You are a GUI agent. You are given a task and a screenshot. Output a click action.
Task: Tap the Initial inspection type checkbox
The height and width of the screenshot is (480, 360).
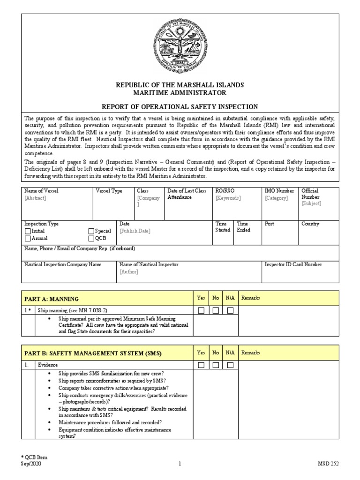coord(28,231)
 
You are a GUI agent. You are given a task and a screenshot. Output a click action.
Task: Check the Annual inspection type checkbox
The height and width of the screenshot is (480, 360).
coord(28,238)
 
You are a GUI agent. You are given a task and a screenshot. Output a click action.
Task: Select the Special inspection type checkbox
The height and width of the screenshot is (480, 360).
coord(91,231)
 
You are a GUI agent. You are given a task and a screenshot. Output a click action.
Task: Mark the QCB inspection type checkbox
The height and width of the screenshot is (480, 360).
coord(91,238)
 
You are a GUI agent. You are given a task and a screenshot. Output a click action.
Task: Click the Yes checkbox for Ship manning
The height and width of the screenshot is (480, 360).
coord(201,310)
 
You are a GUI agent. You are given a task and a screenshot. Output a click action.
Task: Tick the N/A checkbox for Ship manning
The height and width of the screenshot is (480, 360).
coord(230,310)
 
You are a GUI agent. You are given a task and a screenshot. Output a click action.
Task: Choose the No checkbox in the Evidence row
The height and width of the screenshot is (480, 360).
coord(216,365)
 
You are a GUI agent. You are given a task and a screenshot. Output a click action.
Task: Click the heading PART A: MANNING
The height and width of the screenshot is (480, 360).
coord(52,299)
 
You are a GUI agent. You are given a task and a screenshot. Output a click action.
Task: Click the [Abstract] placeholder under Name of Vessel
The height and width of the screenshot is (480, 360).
coord(35,198)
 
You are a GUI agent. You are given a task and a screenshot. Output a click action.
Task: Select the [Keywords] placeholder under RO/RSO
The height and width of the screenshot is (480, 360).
coord(228,198)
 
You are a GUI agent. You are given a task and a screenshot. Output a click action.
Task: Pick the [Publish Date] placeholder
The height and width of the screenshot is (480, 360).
coord(135,231)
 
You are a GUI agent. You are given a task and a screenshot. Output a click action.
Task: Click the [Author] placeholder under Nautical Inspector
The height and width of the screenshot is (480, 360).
coord(129,272)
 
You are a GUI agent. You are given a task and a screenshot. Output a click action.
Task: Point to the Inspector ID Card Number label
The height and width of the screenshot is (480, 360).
coord(293,265)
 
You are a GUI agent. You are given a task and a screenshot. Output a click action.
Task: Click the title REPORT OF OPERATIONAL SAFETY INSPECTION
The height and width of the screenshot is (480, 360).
coord(180,107)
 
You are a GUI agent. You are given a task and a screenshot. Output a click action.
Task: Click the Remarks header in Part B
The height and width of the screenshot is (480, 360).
coord(251,352)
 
